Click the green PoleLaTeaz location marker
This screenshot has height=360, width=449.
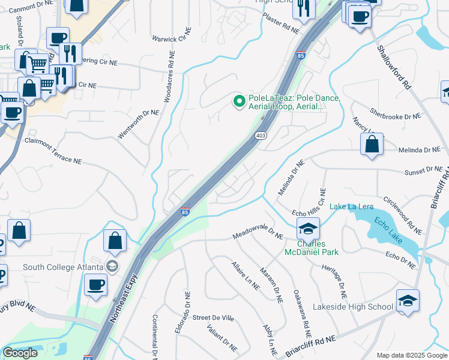click(x=240, y=101)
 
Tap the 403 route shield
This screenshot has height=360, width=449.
click(x=261, y=136)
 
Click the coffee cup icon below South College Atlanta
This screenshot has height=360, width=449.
click(x=95, y=284)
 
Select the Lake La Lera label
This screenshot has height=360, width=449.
click(x=351, y=207)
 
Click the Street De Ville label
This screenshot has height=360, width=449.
click(x=212, y=317)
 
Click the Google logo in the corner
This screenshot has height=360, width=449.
click(x=20, y=353)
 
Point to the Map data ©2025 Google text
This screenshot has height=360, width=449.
click(x=411, y=355)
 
